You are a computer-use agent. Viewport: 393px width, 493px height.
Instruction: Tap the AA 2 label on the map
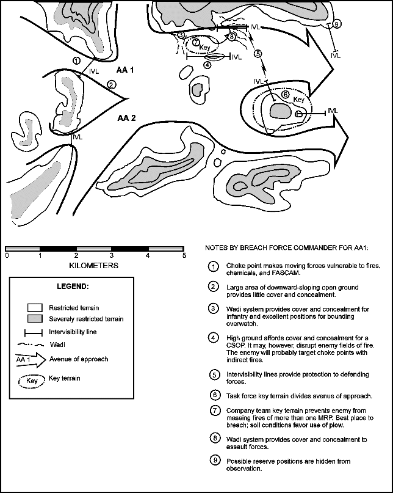click(x=127, y=117)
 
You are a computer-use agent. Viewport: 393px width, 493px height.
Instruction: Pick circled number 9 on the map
click(x=337, y=24)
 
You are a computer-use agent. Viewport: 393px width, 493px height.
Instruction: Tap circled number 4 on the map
click(x=207, y=64)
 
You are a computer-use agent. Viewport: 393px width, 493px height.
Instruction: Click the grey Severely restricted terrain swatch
click(x=36, y=319)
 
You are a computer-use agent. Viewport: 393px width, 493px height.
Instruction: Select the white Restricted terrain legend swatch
click(x=36, y=307)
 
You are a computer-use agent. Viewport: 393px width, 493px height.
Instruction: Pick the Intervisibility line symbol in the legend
click(x=35, y=333)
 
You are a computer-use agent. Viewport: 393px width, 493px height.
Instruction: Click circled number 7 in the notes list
click(x=213, y=410)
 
